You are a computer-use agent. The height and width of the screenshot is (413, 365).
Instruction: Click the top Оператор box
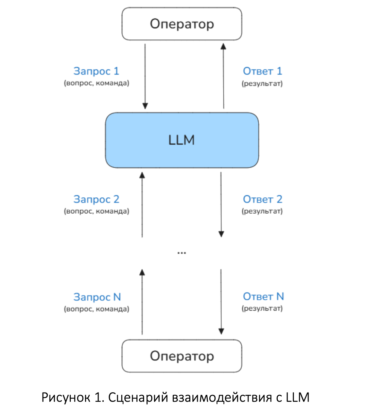(182, 24)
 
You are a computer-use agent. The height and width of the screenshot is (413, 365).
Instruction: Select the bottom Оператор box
(182, 356)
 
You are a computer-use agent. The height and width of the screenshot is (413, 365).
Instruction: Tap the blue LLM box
(182, 140)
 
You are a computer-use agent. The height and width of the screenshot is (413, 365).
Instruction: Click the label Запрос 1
(96, 71)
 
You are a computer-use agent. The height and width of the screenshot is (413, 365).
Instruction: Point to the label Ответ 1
(263, 71)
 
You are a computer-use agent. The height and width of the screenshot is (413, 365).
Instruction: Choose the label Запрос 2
(96, 199)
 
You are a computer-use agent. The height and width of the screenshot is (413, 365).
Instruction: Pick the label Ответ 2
(263, 199)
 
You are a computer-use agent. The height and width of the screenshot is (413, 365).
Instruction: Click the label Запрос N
(97, 297)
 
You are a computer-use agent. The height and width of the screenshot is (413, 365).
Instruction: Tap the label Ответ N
(263, 296)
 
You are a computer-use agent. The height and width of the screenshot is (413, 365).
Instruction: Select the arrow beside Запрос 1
(145, 77)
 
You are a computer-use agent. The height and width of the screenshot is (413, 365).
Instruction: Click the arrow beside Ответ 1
(223, 76)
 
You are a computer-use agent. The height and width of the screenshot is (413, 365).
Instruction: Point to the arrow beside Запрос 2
(142, 205)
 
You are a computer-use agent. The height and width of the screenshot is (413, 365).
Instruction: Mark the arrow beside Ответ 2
(221, 204)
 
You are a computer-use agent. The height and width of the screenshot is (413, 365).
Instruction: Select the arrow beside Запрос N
(142, 302)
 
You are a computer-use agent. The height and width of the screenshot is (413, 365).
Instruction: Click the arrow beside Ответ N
(221, 302)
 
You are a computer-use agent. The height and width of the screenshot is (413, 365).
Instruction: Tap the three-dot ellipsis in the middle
(182, 253)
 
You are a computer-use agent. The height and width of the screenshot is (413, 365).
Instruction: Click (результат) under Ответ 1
(262, 84)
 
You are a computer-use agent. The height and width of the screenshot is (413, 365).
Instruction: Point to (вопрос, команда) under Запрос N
(97, 309)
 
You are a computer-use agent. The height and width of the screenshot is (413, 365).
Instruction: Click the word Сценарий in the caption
(138, 397)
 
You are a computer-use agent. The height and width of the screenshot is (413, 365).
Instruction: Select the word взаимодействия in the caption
(222, 397)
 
